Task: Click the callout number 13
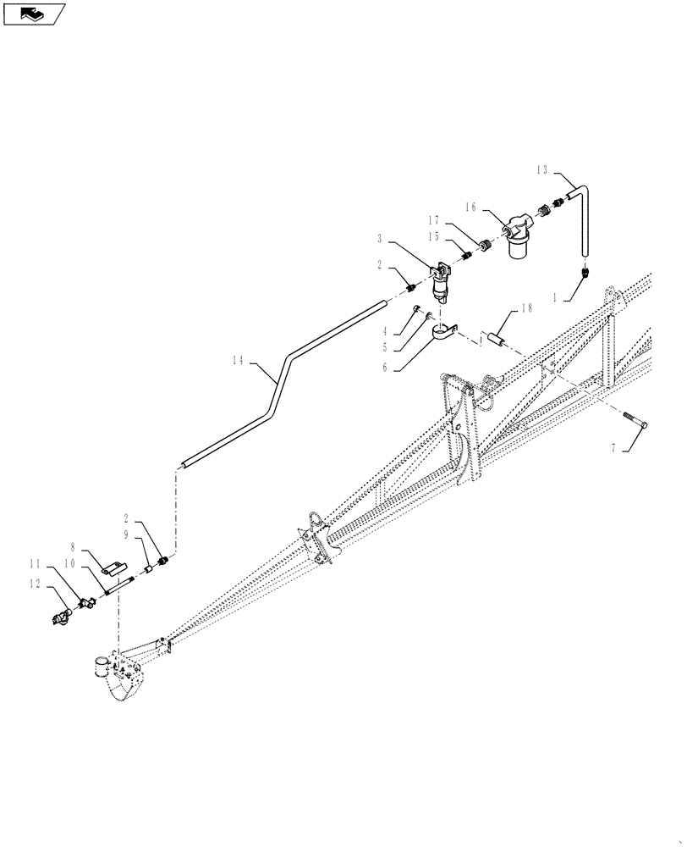tap(542, 170)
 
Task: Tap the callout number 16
tap(470, 206)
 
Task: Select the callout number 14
tap(238, 361)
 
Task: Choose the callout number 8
tap(74, 548)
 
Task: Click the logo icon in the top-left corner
tap(33, 14)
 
